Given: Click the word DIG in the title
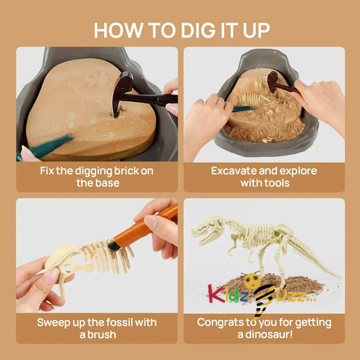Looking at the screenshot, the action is pyautogui.click(x=199, y=30).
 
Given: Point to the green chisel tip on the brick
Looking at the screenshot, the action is pyautogui.click(x=70, y=137).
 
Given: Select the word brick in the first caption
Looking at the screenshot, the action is pyautogui.click(x=126, y=171).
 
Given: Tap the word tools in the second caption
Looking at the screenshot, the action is pyautogui.click(x=276, y=183).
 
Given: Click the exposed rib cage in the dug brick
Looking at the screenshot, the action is pyautogui.click(x=250, y=99).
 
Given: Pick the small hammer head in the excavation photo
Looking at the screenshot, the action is pyautogui.click(x=273, y=81).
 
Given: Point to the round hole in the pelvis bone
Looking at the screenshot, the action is pyautogui.click(x=68, y=267).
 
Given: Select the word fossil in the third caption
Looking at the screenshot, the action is pyautogui.click(x=120, y=322).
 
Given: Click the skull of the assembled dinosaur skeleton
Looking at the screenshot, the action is pyautogui.click(x=208, y=230).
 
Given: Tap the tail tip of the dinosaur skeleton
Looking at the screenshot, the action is pyautogui.click(x=339, y=277).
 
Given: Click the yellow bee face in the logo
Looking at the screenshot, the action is pyautogui.click(x=252, y=280).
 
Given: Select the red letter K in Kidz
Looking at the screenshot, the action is pyautogui.click(x=213, y=294).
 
